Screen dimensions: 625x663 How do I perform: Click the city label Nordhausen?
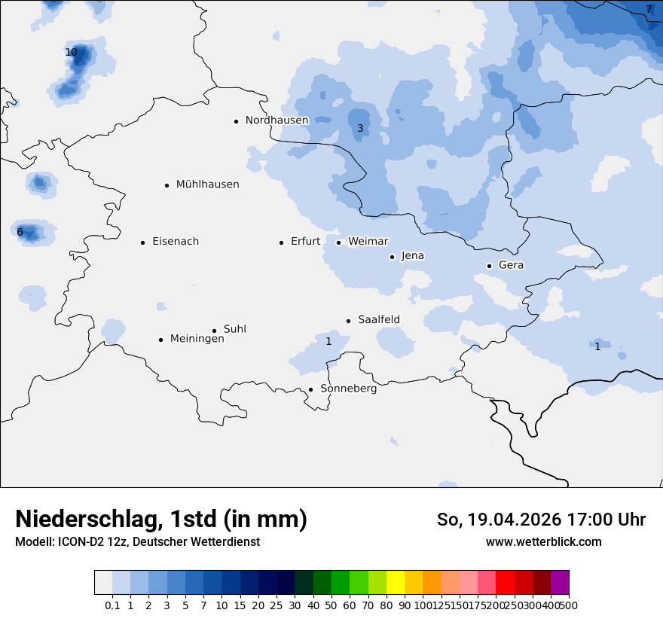click(277, 120)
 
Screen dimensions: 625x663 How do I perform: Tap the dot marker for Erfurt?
click(281, 242)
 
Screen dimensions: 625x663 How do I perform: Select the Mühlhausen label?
click(207, 184)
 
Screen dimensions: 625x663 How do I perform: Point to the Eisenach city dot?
click(142, 242)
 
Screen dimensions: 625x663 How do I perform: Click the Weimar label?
click(368, 242)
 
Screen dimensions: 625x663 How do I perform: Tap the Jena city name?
click(412, 256)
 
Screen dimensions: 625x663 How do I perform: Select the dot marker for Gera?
click(489, 266)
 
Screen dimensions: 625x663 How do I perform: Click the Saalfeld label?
click(378, 320)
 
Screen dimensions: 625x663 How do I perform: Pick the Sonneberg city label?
click(348, 389)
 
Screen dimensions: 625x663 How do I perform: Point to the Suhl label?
click(234, 329)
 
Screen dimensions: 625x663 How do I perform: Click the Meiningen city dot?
click(160, 340)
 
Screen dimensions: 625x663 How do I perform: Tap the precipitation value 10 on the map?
click(71, 53)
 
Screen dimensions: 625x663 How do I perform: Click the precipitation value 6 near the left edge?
click(20, 233)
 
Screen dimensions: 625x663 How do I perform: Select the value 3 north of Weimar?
click(360, 129)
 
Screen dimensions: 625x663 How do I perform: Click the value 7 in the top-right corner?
click(649, 10)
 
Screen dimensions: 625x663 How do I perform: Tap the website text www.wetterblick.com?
click(543, 542)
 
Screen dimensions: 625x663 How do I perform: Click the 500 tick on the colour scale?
click(569, 605)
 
